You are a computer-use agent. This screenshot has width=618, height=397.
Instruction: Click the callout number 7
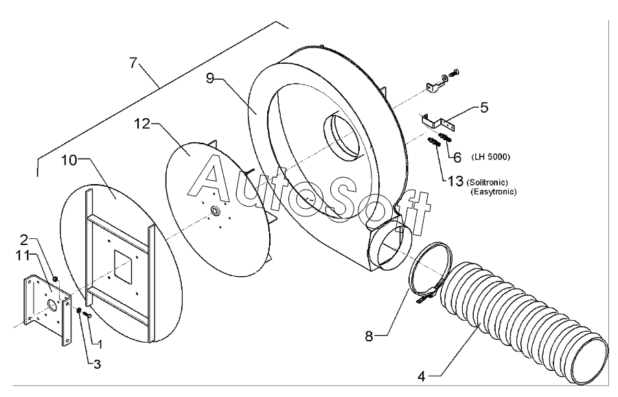pyautogui.click(x=134, y=63)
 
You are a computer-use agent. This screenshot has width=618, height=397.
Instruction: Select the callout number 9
pyautogui.click(x=210, y=78)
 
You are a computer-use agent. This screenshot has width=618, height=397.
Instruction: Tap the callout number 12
pyautogui.click(x=142, y=124)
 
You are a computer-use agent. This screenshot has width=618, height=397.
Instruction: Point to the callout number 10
pyautogui.click(x=69, y=161)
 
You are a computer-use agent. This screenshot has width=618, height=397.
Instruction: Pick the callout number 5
pyautogui.click(x=483, y=107)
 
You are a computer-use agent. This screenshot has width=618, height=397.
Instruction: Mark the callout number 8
pyautogui.click(x=369, y=337)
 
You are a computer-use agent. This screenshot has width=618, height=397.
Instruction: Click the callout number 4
pyautogui.click(x=422, y=377)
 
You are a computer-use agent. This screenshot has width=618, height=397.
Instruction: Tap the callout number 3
pyautogui.click(x=97, y=364)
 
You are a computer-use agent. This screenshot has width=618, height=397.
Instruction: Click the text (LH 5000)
pyautogui.click(x=491, y=157)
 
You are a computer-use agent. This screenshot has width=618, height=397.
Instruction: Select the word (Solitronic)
pyautogui.click(x=487, y=183)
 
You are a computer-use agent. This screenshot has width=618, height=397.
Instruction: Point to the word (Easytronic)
pyautogui.click(x=494, y=192)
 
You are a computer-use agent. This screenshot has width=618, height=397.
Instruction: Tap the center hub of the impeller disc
pyautogui.click(x=215, y=211)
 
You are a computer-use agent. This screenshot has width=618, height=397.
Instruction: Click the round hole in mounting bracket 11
pyautogui.click(x=52, y=304)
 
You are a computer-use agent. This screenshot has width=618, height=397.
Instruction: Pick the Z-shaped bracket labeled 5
pyautogui.click(x=437, y=121)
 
